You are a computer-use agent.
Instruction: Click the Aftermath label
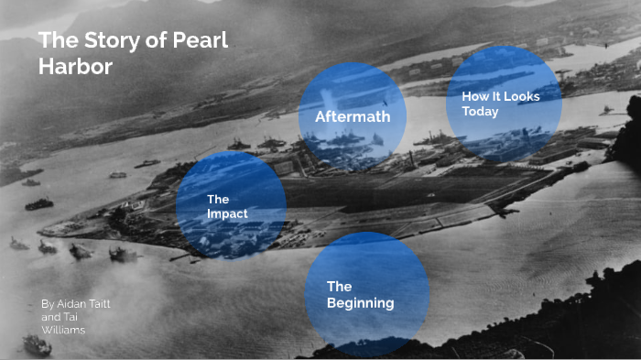coord(353,117)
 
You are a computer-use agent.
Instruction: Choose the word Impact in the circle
coord(227,213)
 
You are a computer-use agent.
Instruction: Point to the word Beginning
coord(361,303)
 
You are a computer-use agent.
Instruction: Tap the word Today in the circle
coord(481,112)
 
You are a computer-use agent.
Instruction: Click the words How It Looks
coord(501,96)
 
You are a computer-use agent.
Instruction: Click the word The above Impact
coord(218,199)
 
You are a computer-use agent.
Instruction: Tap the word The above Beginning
coord(339,287)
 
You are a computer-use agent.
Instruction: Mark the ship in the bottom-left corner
coord(37,344)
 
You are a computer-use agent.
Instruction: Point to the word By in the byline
coord(48,302)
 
